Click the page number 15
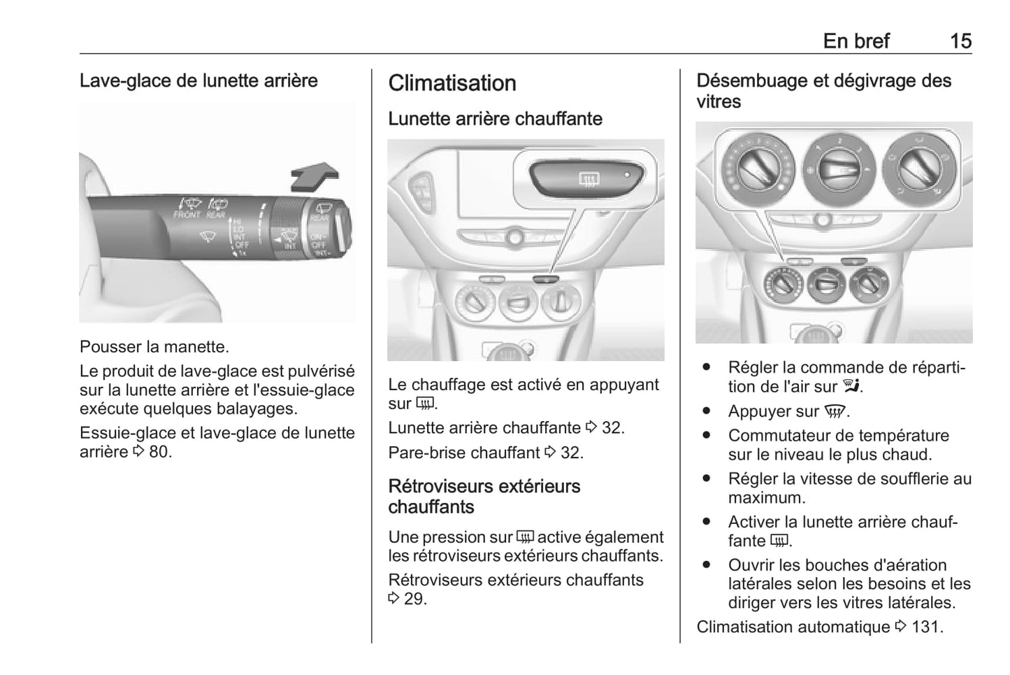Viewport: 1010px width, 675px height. point(960,41)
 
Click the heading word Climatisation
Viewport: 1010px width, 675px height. point(452,83)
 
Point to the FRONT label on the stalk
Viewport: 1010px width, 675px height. point(187,215)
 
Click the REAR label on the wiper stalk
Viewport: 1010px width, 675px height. point(216,215)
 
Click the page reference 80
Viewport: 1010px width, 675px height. point(159,452)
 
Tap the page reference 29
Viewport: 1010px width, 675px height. point(414,599)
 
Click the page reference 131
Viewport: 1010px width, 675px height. point(927,627)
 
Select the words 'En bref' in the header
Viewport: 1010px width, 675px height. point(856,41)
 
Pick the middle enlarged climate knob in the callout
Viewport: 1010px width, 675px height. point(839,168)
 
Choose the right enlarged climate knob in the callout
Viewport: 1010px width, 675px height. point(920,168)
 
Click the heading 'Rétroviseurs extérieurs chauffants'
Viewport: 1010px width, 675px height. point(484,497)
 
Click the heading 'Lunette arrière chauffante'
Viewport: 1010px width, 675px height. point(495,119)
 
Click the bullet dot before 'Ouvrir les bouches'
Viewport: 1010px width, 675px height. point(707,565)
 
